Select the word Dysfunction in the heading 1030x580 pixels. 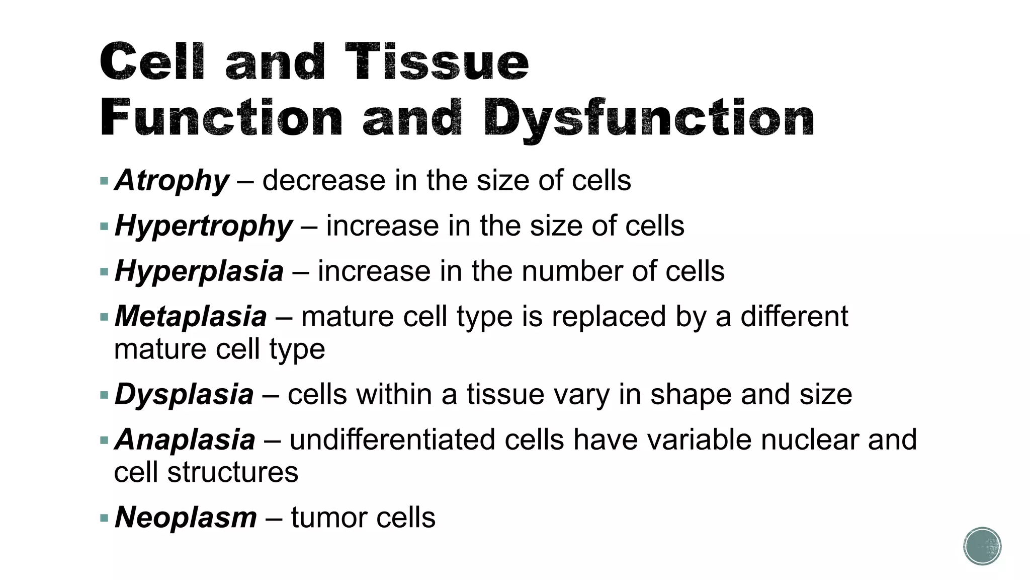tap(648, 119)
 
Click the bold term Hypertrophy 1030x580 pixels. tap(203, 226)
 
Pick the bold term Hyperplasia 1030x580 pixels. tap(199, 271)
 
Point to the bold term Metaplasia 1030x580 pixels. tap(191, 317)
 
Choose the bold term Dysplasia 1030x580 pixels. tap(184, 394)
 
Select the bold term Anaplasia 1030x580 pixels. tap(185, 440)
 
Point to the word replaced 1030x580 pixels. tap(609, 317)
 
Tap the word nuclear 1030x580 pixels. tap(809, 440)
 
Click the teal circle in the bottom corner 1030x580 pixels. tap(982, 546)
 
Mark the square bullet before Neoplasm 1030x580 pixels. tap(104, 518)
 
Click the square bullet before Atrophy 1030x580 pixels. tap(104, 181)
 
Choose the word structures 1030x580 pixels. tap(233, 472)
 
